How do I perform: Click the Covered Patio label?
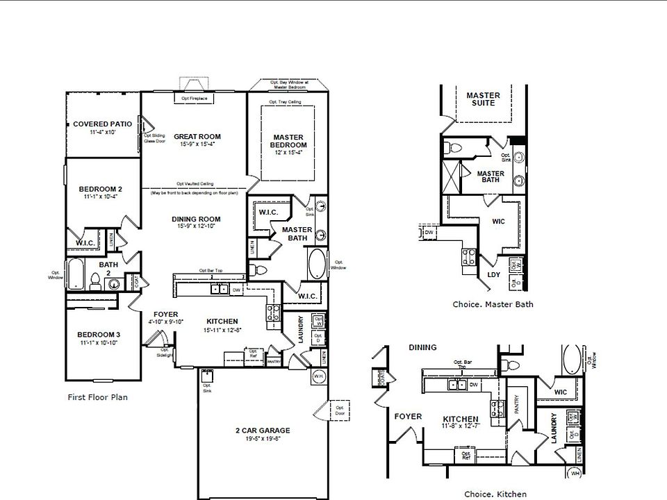102,124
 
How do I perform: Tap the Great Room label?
197,136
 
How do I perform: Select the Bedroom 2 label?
101,189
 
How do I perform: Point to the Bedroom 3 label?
99,335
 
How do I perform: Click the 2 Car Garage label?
263,431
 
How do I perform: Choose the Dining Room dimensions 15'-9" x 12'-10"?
196,226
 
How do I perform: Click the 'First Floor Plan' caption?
97,398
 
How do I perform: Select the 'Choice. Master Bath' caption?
493,304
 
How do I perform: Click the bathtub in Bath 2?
75,274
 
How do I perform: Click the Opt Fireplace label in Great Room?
195,99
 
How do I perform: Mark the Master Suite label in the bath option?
484,99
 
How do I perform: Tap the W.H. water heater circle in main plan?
319,377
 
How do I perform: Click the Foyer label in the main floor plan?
165,314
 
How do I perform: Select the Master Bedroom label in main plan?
288,141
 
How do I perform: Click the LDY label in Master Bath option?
494,275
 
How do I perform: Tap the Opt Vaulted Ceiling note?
195,183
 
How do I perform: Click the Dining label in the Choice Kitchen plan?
422,347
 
